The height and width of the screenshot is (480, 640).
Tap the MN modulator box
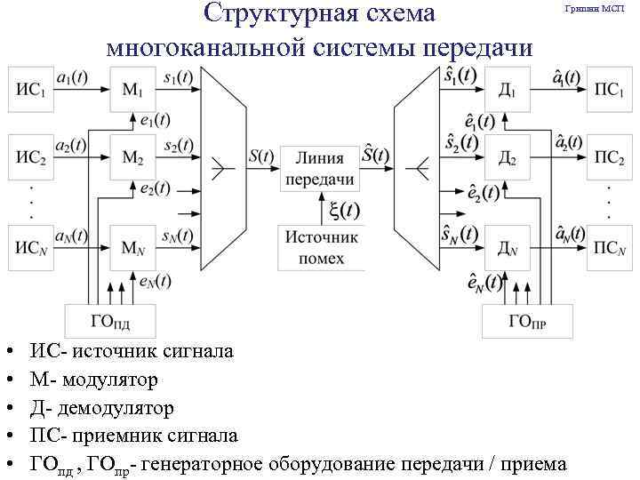[132, 247]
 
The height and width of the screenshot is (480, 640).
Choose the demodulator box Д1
[508, 89]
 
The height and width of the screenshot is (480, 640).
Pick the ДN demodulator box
[508, 248]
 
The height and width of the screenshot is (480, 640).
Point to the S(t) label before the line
[261, 155]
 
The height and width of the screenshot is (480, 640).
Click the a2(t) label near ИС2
[71, 144]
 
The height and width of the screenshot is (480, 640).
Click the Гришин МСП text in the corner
[595, 8]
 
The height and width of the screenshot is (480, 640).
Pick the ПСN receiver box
[609, 248]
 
